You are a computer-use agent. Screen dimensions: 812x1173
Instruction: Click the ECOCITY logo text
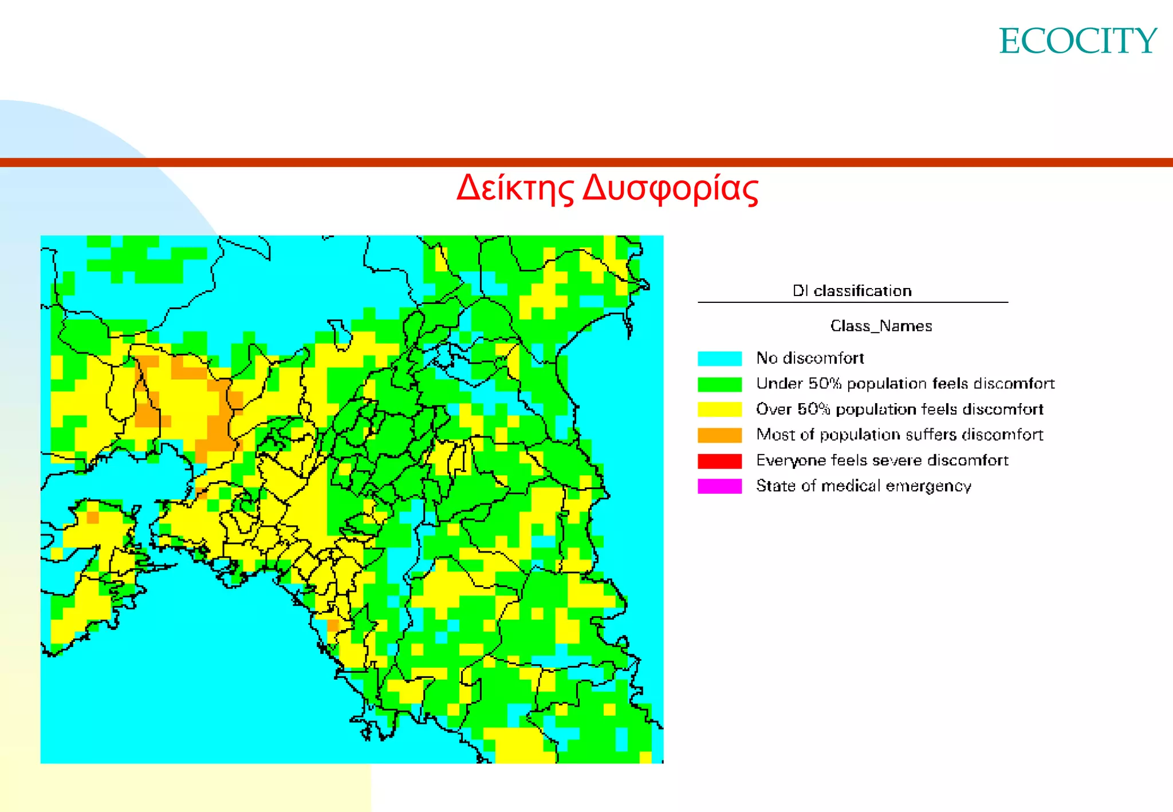pos(1078,41)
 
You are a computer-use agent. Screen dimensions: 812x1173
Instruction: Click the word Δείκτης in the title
pos(515,188)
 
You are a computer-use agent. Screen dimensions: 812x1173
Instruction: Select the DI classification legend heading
pos(852,291)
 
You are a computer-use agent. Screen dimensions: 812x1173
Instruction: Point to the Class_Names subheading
pos(881,326)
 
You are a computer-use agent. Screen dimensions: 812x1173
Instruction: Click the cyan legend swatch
pos(719,358)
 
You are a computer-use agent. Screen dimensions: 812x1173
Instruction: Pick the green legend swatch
pos(719,384)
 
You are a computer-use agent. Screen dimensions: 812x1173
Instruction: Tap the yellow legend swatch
pos(719,409)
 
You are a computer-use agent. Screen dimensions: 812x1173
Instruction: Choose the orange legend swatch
pos(719,435)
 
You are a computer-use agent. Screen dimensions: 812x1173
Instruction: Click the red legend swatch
pos(719,461)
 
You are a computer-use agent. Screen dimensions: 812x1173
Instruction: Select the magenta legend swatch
pos(719,486)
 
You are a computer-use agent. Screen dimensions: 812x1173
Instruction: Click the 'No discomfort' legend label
pos(810,358)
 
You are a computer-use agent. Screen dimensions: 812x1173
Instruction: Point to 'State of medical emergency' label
pos(863,486)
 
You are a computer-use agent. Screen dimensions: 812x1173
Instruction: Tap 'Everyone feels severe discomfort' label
pos(882,460)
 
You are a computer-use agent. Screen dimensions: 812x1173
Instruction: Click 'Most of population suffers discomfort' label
pos(899,435)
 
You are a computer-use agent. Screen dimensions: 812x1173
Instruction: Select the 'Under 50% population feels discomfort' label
pos(905,384)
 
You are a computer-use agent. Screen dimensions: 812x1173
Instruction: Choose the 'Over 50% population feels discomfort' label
pos(899,409)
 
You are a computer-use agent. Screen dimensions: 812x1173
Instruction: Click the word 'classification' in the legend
pos(863,291)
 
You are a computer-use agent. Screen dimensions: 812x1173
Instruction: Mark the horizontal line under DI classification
pos(852,302)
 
